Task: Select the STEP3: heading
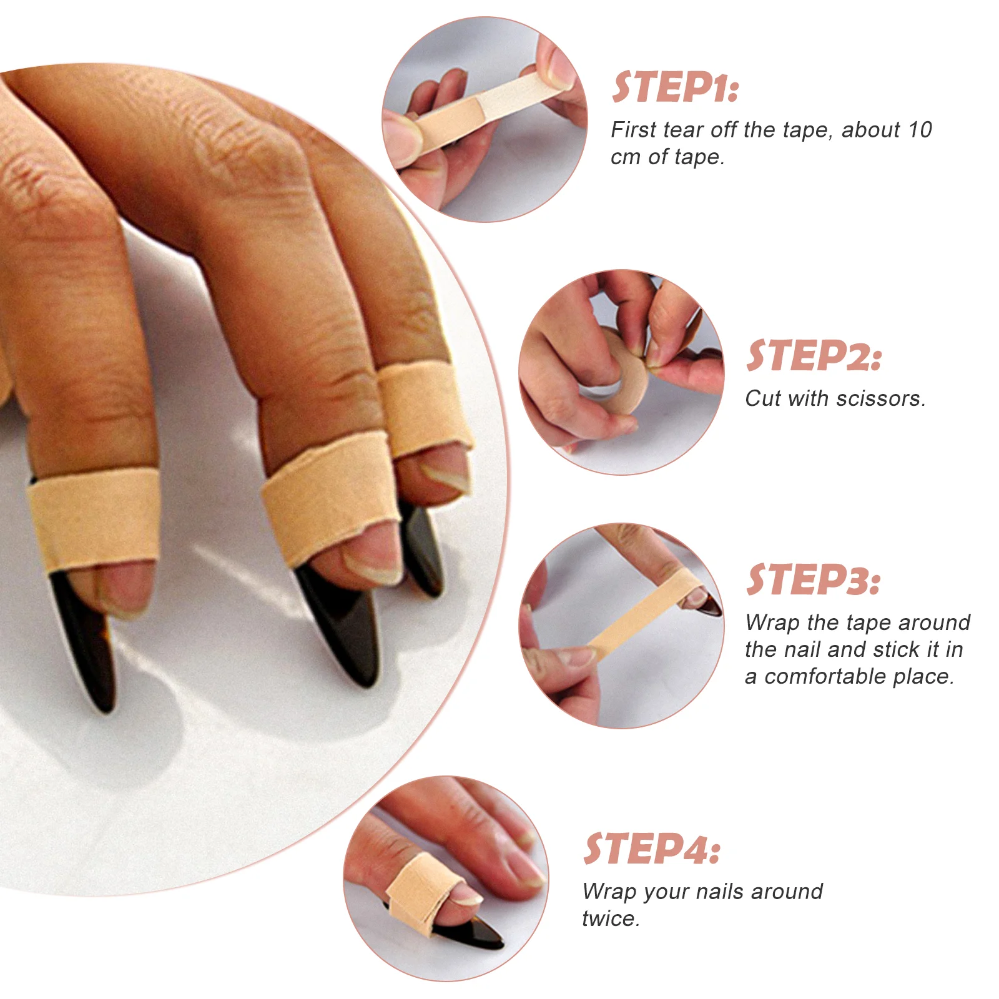[x=814, y=580]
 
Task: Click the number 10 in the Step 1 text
[x=920, y=130]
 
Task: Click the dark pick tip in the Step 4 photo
[x=475, y=936]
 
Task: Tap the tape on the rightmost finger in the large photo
[x=425, y=409]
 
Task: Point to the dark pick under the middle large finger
[x=340, y=624]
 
